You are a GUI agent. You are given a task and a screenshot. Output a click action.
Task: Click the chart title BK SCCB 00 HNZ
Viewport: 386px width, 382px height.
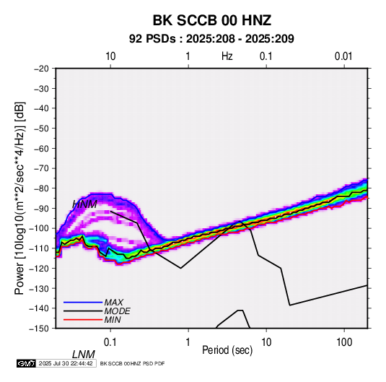coord(212,20)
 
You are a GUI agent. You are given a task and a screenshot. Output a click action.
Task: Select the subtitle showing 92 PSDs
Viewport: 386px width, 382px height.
coord(211,39)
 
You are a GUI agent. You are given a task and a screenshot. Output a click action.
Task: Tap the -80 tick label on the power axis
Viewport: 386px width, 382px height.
coord(41,188)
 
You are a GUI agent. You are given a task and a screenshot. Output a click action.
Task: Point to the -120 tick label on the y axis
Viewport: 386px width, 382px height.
coord(39,268)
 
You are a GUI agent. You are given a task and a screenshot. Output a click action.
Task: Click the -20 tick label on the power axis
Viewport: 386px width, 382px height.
coord(41,69)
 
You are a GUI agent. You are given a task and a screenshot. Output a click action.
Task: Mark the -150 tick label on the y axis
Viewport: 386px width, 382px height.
coord(39,329)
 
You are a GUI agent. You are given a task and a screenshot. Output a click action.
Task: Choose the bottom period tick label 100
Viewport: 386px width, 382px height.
coord(344,342)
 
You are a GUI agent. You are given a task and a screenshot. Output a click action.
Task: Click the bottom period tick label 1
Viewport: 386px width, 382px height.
coord(188,342)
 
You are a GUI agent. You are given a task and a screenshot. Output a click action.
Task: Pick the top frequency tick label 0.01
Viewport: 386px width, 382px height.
coord(343,56)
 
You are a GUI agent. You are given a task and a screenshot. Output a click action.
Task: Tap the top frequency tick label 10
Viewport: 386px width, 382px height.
coord(110,56)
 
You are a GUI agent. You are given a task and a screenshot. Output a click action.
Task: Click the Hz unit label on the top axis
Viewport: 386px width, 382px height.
coord(227,56)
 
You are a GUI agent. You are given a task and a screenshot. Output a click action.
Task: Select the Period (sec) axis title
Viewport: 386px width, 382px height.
coord(227,350)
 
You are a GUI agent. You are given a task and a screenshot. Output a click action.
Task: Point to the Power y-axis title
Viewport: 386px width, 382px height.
coord(19,199)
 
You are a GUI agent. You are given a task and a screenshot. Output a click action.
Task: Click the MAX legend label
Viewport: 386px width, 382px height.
coord(113,302)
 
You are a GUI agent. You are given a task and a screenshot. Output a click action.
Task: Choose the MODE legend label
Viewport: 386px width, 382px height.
coord(117,311)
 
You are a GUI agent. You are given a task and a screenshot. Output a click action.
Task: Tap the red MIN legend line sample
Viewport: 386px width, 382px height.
coord(83,320)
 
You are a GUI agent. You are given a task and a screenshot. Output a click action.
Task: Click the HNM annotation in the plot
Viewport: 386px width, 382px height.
coord(84,204)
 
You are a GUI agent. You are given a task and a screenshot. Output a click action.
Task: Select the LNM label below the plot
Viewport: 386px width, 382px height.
coord(84,355)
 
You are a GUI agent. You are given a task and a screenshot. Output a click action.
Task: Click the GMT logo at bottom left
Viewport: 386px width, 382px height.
coord(26,363)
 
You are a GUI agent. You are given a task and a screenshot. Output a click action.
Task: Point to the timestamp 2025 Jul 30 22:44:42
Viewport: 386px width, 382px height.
coord(66,363)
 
